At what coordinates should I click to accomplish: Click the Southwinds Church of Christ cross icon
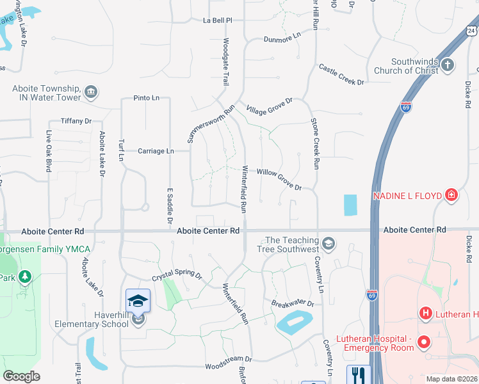click(x=448, y=65)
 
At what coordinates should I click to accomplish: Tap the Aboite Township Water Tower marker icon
click(x=91, y=92)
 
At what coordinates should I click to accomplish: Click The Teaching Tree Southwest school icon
click(x=328, y=243)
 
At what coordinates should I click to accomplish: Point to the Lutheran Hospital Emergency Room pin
click(x=423, y=343)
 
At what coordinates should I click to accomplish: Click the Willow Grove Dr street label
click(x=279, y=180)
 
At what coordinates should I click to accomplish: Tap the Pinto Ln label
click(x=147, y=98)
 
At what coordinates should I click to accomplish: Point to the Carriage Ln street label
click(x=156, y=151)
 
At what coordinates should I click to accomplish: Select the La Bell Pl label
click(x=217, y=20)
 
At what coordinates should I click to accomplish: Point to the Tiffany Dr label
click(x=76, y=121)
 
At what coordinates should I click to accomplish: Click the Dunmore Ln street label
click(x=282, y=39)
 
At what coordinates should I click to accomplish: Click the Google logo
click(x=21, y=376)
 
